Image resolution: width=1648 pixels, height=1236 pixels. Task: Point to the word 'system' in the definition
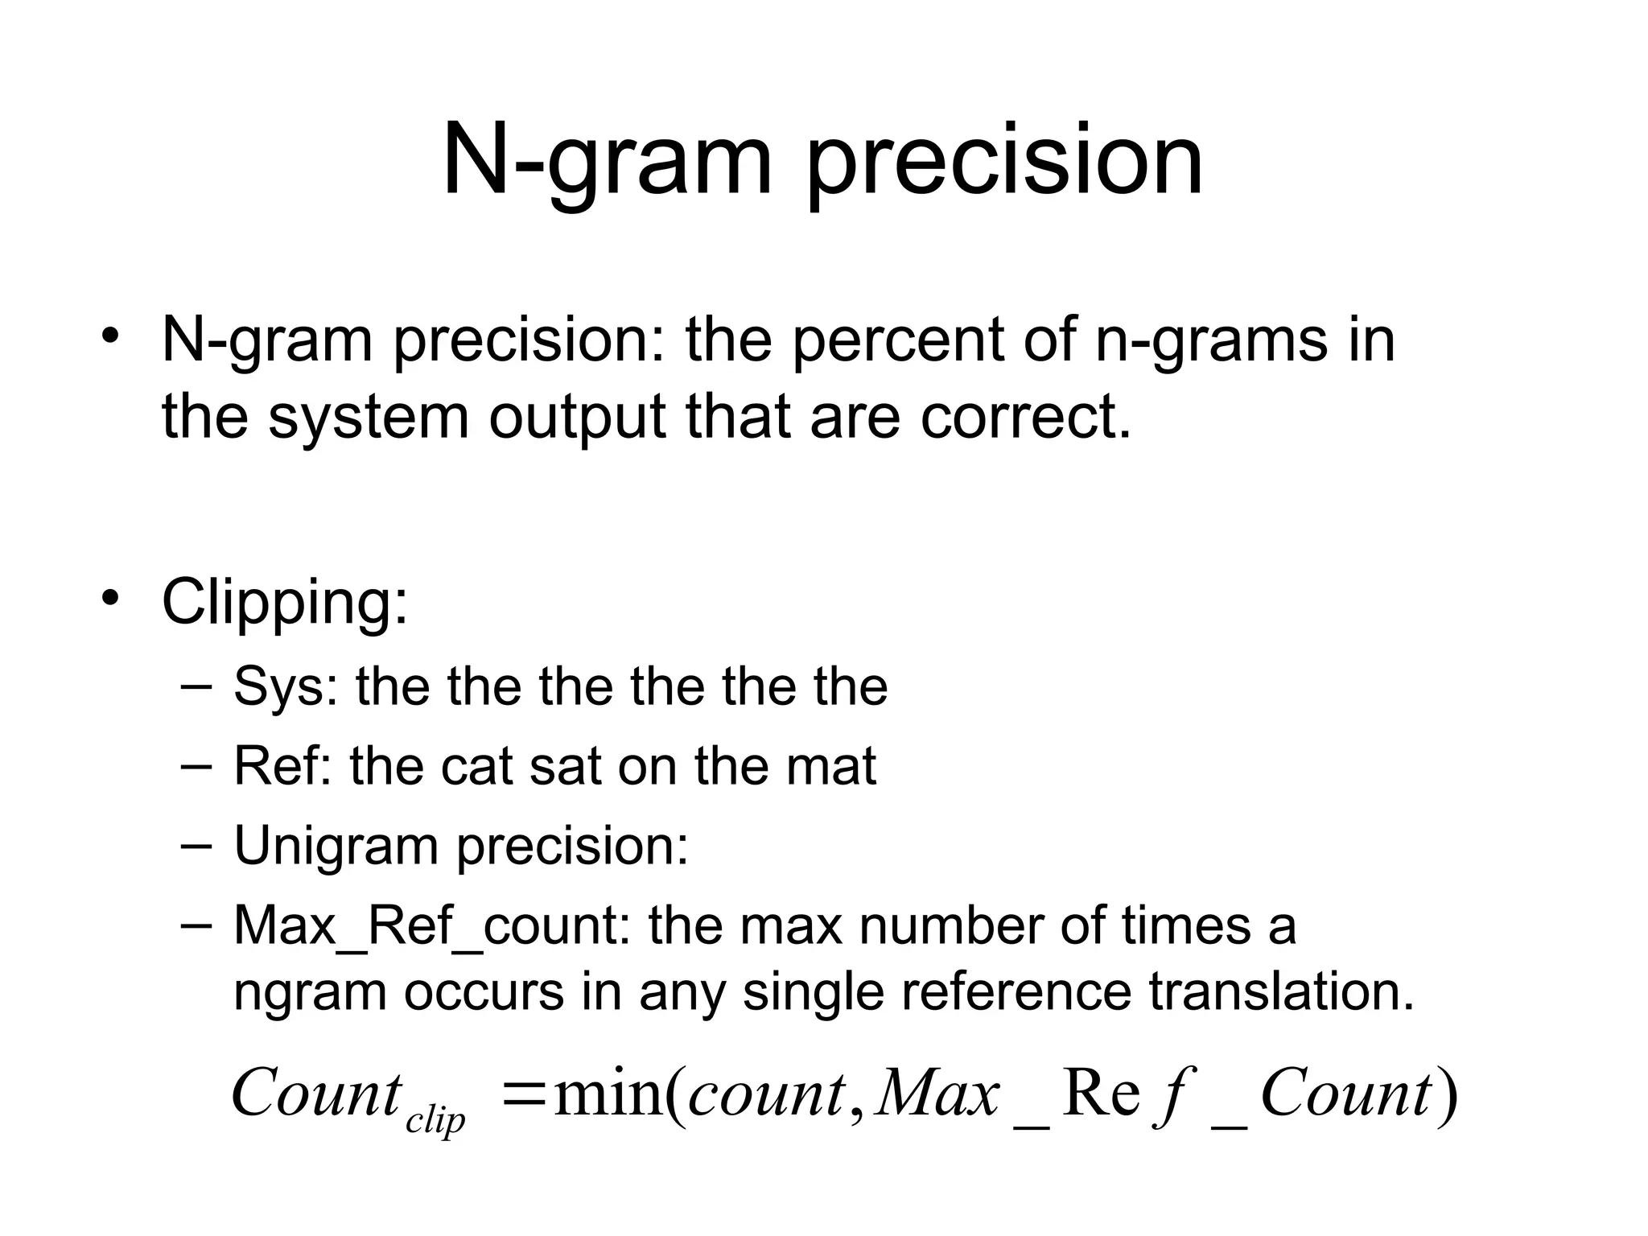(368, 418)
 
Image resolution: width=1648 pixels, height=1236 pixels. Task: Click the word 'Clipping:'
(285, 602)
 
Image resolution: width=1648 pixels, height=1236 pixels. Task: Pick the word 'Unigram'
(336, 847)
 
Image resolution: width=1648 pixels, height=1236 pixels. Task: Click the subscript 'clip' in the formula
(435, 1120)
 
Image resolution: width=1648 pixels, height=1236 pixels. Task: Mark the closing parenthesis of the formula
(1447, 1095)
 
